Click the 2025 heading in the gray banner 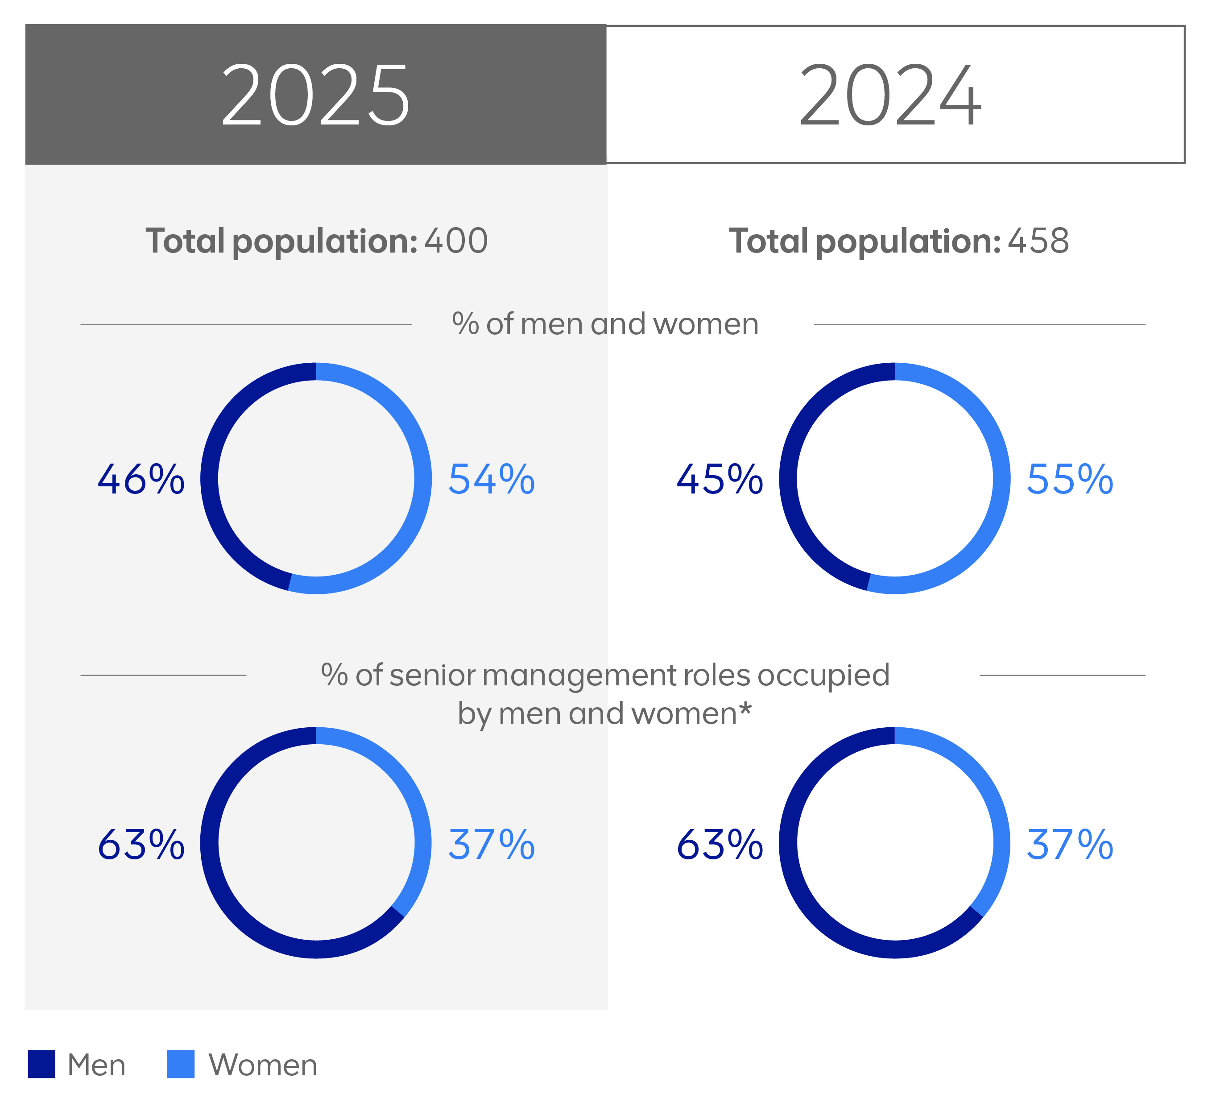coord(316,95)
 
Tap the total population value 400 coord(456,241)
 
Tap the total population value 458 coord(1038,241)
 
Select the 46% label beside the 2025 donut coord(141,480)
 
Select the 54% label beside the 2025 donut coord(491,480)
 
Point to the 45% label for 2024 coord(720,480)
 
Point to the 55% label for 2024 coord(1070,480)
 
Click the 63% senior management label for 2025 coord(141,845)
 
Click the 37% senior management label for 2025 coord(491,845)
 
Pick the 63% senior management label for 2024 coord(720,845)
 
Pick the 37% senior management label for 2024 coord(1070,845)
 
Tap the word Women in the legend coord(263,1066)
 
